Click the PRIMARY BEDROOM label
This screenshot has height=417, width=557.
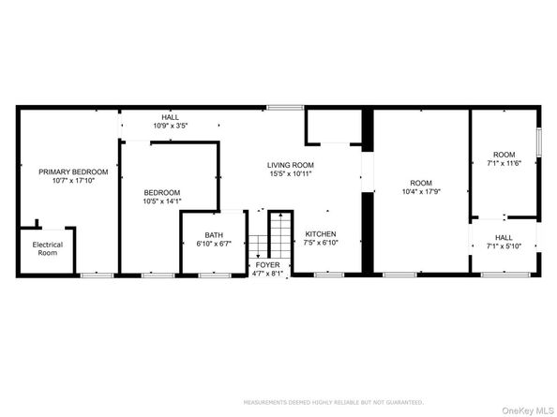(73, 172)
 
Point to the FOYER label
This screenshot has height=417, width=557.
(267, 266)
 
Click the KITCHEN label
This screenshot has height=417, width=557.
(320, 234)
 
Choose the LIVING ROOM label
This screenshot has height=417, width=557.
(290, 165)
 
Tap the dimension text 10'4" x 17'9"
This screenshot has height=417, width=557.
(420, 192)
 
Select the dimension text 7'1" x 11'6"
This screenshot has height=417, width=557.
(504, 163)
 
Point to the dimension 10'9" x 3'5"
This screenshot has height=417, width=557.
(171, 124)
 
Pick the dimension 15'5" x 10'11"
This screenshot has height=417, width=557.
(290, 174)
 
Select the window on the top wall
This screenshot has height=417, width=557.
(278, 108)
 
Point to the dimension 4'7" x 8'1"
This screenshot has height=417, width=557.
(267, 276)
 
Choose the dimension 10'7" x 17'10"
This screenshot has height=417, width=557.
(73, 181)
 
